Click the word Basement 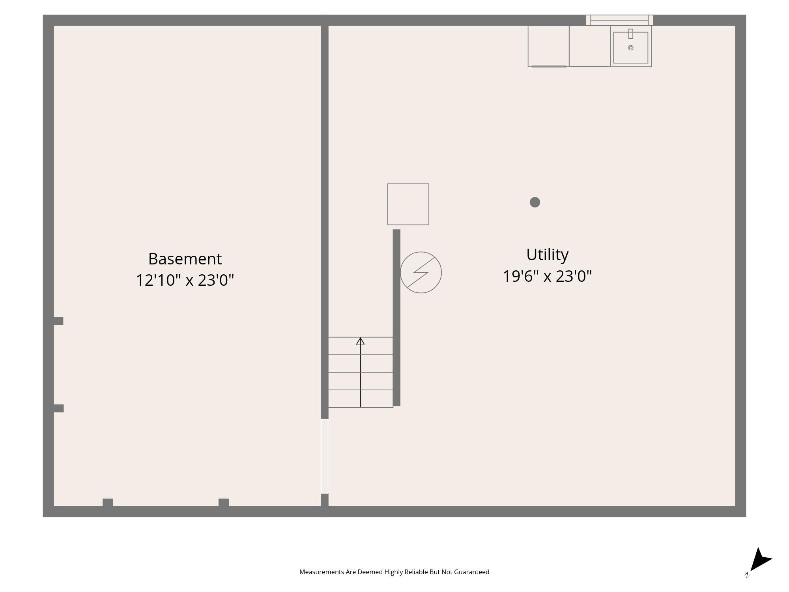(x=185, y=259)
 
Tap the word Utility (x=547, y=255)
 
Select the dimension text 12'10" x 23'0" (x=185, y=280)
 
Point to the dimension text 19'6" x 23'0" (x=547, y=276)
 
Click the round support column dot (x=535, y=202)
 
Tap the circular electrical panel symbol (x=421, y=272)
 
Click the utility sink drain (x=630, y=48)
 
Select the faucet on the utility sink (x=630, y=34)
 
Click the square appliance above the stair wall (x=408, y=204)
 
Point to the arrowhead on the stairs (x=360, y=341)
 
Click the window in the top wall (x=619, y=20)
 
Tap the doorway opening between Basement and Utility (x=324, y=456)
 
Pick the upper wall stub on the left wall (x=58, y=321)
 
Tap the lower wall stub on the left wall (x=58, y=408)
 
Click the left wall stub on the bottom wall (x=108, y=502)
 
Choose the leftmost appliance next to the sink (x=548, y=46)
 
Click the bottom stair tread (x=360, y=399)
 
